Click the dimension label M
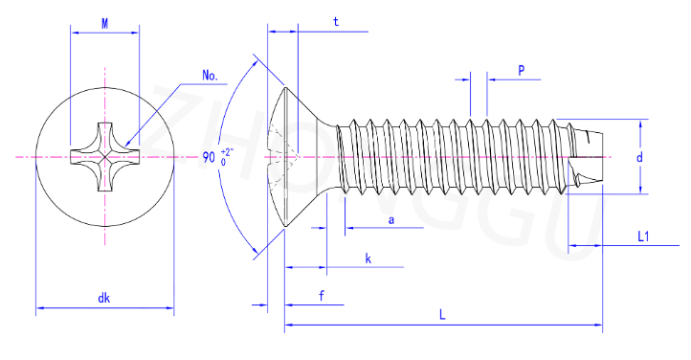tap(105, 24)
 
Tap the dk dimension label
tap(104, 299)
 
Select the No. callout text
tap(211, 76)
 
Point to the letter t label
tap(336, 22)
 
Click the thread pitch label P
tap(522, 70)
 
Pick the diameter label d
tap(639, 157)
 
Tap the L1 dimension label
tap(643, 236)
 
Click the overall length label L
tap(442, 315)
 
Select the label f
tap(322, 296)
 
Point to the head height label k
tap(368, 259)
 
